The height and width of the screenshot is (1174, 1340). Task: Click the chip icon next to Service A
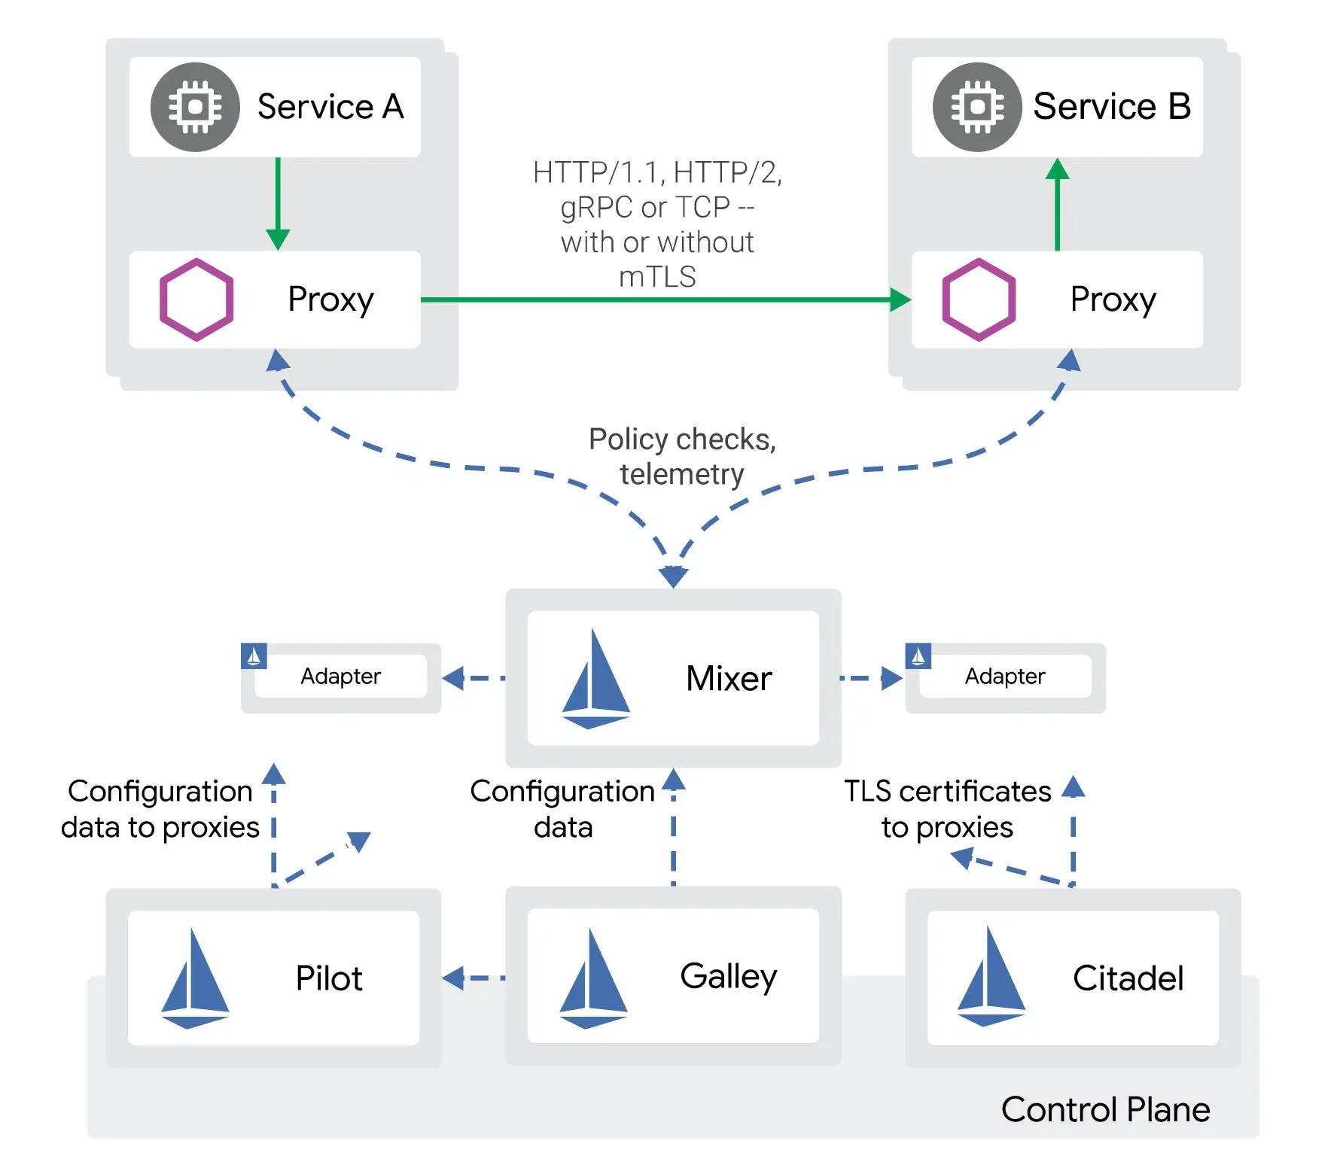click(x=195, y=107)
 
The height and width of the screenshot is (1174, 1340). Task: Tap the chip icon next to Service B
click(x=977, y=107)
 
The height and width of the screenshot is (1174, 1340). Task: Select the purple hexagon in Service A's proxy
click(x=196, y=300)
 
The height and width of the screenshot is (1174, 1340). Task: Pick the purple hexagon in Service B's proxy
click(x=979, y=300)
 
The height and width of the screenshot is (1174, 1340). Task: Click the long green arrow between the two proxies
click(x=662, y=300)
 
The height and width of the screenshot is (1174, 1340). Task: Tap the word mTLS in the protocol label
click(x=657, y=277)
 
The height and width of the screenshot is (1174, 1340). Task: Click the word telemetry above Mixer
click(x=681, y=474)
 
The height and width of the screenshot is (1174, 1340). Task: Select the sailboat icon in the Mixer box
click(x=595, y=679)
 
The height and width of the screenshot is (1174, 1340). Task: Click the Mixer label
click(x=729, y=679)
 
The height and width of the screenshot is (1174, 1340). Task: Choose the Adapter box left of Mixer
click(x=341, y=677)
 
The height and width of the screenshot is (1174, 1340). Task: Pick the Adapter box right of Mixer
click(x=1005, y=677)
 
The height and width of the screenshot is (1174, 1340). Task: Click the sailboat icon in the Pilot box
click(x=195, y=978)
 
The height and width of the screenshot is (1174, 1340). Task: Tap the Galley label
click(x=728, y=976)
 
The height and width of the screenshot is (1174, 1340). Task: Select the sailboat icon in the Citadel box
click(x=991, y=977)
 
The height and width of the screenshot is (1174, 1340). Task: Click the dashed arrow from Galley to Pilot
click(x=474, y=978)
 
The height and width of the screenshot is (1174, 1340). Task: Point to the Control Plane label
click(x=1105, y=1110)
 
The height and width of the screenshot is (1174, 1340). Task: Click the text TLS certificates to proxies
click(x=947, y=809)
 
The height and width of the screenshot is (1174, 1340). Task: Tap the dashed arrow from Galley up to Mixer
click(x=673, y=828)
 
